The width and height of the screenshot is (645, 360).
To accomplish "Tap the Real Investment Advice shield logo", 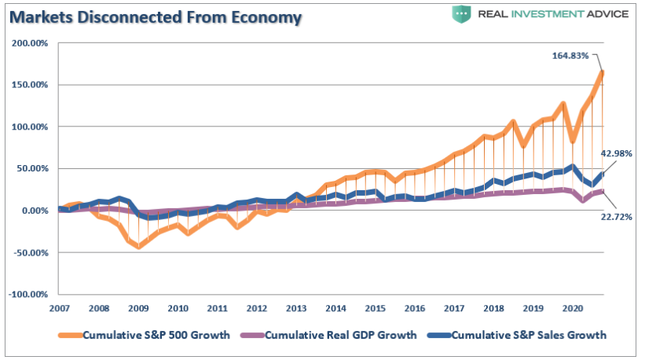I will click(461, 14).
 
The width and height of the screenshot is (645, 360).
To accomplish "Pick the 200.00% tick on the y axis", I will click(29, 42).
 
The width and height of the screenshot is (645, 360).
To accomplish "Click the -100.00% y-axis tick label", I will click(27, 294).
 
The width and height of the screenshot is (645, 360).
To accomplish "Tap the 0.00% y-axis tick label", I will click(33, 210).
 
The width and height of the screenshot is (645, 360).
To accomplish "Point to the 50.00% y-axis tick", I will click(31, 168).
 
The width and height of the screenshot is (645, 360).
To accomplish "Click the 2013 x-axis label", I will click(295, 308).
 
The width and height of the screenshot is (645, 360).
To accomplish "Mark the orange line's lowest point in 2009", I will click(139, 246).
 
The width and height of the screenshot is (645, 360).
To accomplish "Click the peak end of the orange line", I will click(602, 73).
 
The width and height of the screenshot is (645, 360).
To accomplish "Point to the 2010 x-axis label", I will click(178, 308).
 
